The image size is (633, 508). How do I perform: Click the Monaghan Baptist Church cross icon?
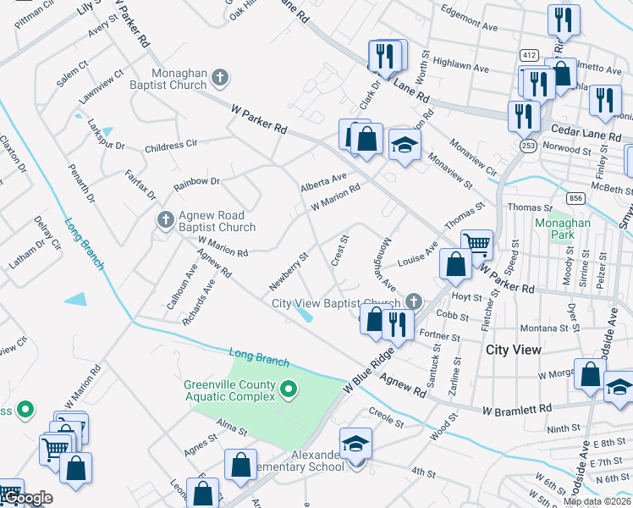tap(220, 79)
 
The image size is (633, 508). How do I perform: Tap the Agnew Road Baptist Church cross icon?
tap(166, 220)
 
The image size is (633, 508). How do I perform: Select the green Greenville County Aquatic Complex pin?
tap(289, 390)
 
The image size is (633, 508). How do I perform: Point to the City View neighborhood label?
tap(513, 349)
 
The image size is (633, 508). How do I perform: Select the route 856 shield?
tap(576, 197)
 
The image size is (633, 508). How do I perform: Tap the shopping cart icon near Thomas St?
tap(477, 245)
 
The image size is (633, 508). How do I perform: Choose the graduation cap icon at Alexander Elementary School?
tap(355, 442)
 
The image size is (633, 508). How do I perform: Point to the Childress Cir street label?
tap(177, 146)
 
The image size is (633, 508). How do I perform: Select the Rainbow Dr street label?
tap(196, 182)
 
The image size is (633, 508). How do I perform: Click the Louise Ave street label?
tap(417, 255)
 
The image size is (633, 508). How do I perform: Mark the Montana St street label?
tap(544, 328)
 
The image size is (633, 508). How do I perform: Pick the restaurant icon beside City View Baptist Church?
tap(396, 323)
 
